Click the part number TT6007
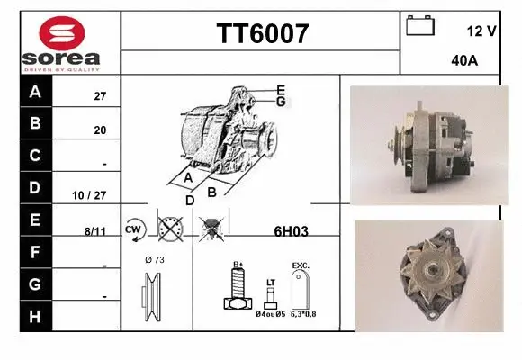click(262, 34)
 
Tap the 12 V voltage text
click(481, 31)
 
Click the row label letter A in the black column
click(35, 92)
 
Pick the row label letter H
click(35, 316)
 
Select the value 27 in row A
click(100, 96)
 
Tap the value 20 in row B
click(100, 130)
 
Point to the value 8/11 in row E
click(95, 230)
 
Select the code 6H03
click(291, 230)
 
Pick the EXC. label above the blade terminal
click(301, 266)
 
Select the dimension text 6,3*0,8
click(301, 314)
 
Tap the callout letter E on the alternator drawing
click(281, 90)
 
